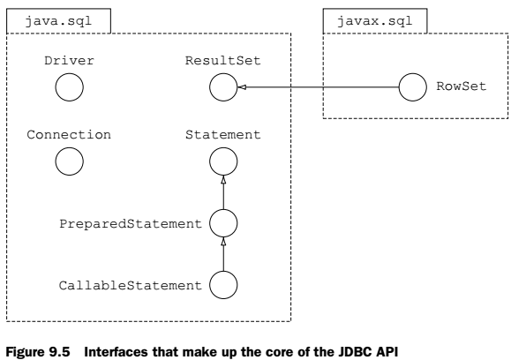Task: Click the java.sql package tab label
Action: click(x=58, y=21)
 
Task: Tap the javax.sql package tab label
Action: click(x=375, y=21)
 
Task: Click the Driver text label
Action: click(x=69, y=61)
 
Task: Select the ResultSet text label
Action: click(x=223, y=61)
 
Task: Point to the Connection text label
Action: click(x=69, y=134)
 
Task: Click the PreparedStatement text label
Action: click(x=131, y=224)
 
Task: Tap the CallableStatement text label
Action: click(x=131, y=285)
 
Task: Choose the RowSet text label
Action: click(x=462, y=86)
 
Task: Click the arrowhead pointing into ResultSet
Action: click(x=242, y=87)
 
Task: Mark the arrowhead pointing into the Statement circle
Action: click(x=223, y=180)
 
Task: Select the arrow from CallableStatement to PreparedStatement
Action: click(x=223, y=254)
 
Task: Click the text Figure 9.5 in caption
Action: click(x=38, y=352)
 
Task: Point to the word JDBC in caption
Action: click(x=355, y=352)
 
